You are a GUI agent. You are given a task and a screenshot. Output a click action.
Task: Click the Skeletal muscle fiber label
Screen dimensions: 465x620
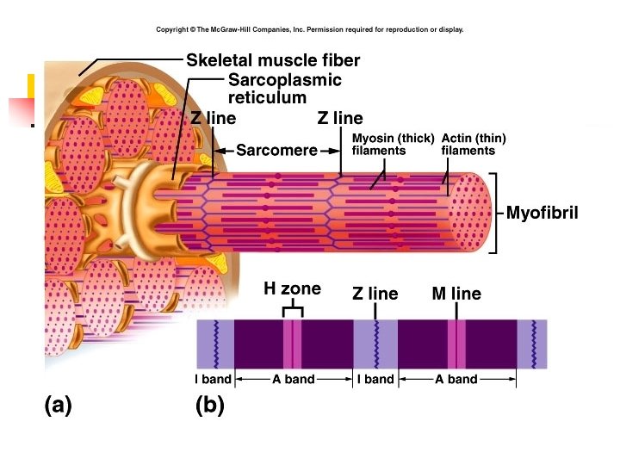[273, 60]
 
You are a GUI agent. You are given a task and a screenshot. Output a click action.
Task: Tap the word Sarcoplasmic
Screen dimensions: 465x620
[284, 80]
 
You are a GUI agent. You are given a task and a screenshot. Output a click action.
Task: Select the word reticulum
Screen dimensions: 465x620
[267, 97]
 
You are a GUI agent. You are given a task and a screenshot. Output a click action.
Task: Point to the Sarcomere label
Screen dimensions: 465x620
[276, 151]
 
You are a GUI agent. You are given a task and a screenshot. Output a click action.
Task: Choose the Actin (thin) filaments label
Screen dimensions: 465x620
[473, 144]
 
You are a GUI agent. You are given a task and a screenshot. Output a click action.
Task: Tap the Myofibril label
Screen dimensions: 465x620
[541, 213]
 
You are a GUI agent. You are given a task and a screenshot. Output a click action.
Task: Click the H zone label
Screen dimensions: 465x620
[292, 288]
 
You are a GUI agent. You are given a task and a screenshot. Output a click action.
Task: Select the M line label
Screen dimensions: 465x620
[456, 294]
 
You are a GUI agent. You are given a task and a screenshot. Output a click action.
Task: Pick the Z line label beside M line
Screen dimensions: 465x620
[375, 294]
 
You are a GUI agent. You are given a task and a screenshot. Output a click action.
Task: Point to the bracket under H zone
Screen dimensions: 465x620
[293, 307]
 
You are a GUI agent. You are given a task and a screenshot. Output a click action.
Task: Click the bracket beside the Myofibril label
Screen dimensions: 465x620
[494, 213]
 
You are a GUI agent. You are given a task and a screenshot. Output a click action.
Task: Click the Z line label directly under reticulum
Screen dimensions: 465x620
[213, 119]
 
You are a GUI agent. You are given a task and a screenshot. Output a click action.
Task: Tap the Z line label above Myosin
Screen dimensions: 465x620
[340, 119]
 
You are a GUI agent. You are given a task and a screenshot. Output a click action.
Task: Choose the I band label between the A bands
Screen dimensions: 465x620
[375, 379]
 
